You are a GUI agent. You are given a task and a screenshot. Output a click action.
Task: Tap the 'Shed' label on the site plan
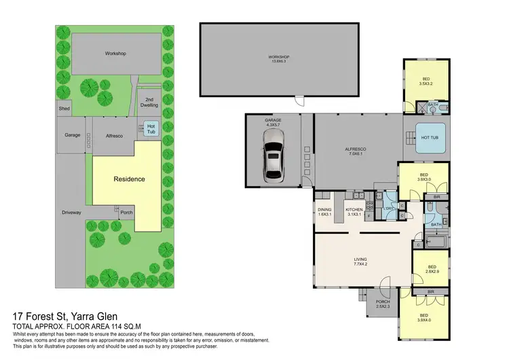point(64,109)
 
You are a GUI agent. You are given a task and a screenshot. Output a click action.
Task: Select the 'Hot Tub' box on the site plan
point(151,127)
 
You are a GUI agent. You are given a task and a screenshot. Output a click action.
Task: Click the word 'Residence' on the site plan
point(128,179)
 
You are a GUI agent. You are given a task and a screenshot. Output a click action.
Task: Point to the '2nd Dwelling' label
point(149,103)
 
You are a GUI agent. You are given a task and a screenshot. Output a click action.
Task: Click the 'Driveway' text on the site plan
point(71,213)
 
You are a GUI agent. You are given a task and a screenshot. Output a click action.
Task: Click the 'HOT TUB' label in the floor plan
point(430,138)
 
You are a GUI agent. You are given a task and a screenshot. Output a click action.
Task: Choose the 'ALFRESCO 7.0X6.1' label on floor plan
point(356,150)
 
